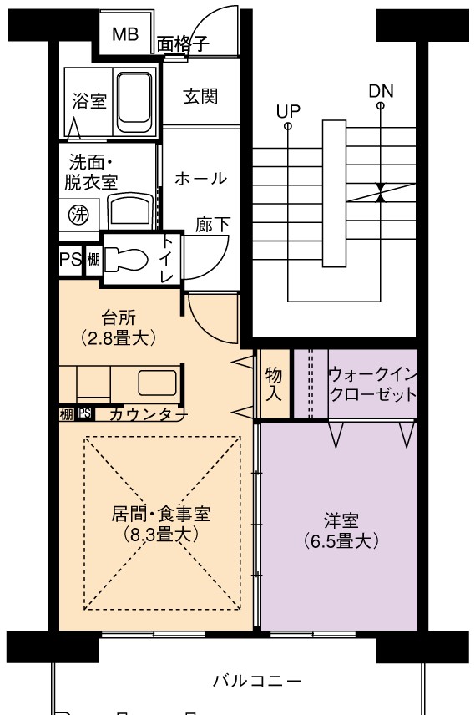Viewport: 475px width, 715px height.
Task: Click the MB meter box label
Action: (x=125, y=34)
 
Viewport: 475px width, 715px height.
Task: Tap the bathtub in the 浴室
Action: (x=134, y=102)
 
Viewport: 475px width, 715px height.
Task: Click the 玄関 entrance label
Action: (x=200, y=96)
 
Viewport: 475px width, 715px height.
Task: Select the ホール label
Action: (x=200, y=178)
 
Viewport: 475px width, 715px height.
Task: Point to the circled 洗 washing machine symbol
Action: (x=78, y=215)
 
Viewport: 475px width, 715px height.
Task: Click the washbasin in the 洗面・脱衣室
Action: (x=131, y=210)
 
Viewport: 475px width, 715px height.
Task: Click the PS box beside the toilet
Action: (x=71, y=260)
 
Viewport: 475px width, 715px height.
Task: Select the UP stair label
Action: (x=289, y=111)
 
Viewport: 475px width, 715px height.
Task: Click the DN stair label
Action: (x=382, y=91)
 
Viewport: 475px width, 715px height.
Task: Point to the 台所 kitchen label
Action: (x=118, y=317)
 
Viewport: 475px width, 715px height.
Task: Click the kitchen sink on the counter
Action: (x=157, y=383)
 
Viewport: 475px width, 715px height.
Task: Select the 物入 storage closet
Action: (x=274, y=384)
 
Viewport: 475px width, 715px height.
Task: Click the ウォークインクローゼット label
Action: (x=372, y=384)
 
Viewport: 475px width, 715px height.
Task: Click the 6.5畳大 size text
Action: (x=341, y=541)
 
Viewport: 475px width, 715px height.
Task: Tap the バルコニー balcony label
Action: (x=257, y=681)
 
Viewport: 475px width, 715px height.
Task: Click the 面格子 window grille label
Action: (x=183, y=44)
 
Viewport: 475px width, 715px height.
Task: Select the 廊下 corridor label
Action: (x=213, y=225)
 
